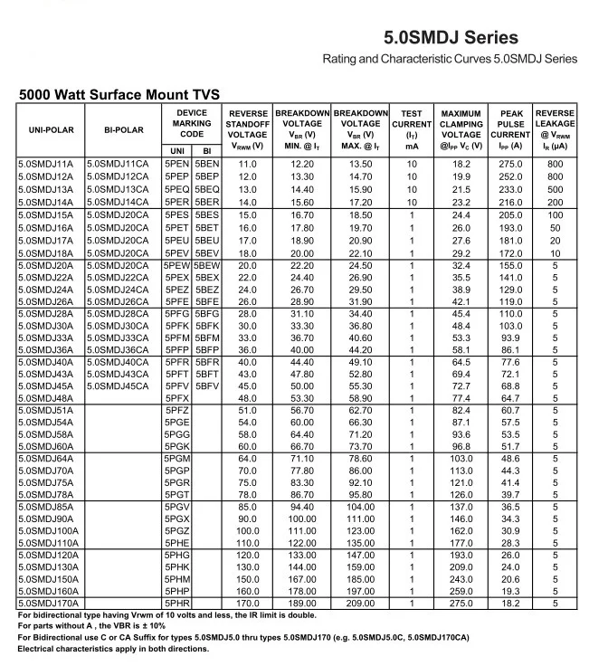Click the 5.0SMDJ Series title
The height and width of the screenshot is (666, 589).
[451, 38]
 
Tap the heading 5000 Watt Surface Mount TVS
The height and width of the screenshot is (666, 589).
[119, 94]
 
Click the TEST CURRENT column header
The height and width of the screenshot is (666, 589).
[412, 128]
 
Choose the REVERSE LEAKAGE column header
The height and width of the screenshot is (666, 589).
[555, 128]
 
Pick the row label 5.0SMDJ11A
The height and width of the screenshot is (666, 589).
[46, 164]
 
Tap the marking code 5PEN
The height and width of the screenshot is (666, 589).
[176, 164]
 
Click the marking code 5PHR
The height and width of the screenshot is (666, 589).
[177, 602]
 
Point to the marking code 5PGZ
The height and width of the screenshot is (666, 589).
[177, 530]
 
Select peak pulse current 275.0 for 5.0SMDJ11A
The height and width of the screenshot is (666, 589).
[511, 164]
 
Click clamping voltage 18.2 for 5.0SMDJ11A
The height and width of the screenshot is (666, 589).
[461, 164]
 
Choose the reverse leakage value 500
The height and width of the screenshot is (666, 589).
[555, 189]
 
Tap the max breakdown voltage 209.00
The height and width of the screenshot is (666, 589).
[361, 602]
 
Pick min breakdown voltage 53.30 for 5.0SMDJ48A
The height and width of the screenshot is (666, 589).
[302, 398]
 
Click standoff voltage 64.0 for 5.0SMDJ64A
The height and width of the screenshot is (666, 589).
[247, 459]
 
